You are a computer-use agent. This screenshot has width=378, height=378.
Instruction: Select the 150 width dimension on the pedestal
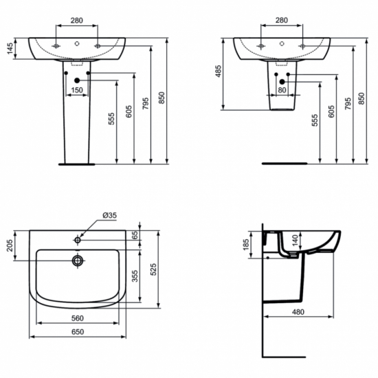(x=77, y=89)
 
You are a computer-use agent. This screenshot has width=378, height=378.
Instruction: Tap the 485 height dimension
(x=218, y=72)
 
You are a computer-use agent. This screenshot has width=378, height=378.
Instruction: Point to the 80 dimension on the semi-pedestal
(x=282, y=89)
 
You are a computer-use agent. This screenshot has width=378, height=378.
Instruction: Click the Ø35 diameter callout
(x=109, y=215)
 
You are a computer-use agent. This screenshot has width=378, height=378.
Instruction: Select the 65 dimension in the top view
(x=135, y=235)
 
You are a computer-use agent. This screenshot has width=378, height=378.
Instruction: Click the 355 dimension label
(x=135, y=276)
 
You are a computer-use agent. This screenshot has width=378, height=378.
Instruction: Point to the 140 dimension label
(x=294, y=240)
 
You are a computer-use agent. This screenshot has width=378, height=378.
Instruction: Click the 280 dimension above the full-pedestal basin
(x=78, y=21)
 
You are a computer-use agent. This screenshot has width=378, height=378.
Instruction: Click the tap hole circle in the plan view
(x=78, y=240)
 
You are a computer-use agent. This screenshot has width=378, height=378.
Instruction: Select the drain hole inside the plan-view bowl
(x=78, y=260)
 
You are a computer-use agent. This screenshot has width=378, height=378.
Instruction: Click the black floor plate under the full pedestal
(x=77, y=165)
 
